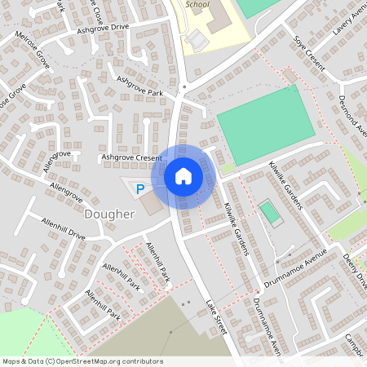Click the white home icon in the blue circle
183,176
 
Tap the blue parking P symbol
139,189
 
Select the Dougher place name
108,214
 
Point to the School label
197,4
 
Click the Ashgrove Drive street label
104,28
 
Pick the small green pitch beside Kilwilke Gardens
269,214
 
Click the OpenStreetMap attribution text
82,361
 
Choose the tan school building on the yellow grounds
217,18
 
